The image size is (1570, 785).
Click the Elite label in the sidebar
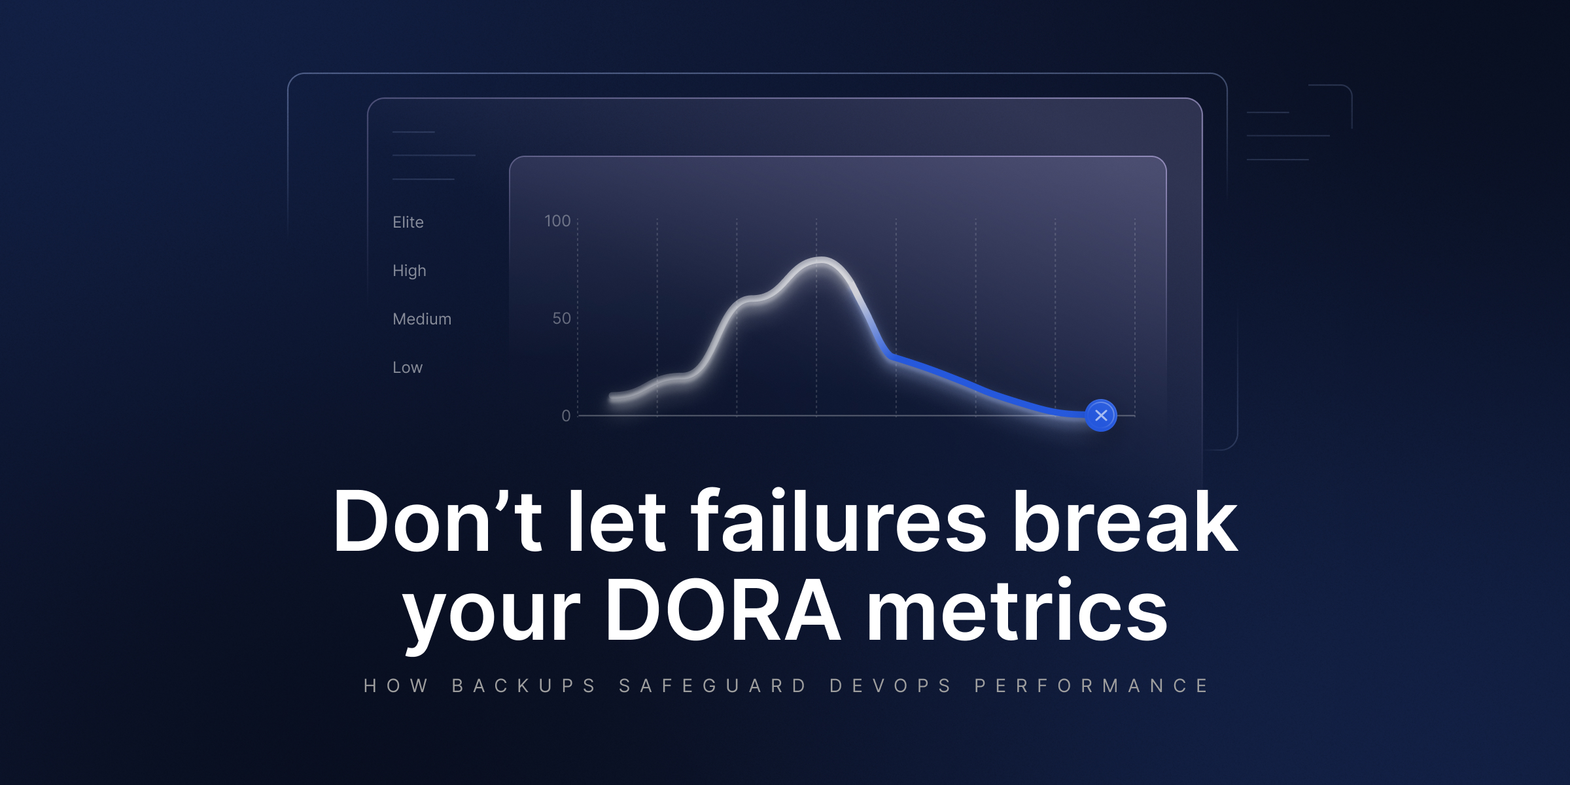click(408, 222)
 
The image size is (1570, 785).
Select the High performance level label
click(410, 271)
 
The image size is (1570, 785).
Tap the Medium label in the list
click(422, 319)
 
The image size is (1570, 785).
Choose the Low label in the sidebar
click(408, 368)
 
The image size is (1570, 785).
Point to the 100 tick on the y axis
click(557, 221)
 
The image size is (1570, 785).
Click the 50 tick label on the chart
click(561, 319)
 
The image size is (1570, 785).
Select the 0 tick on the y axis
click(566, 415)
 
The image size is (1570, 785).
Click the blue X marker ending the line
click(1101, 415)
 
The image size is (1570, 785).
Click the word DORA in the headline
click(723, 610)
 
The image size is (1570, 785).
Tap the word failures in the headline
click(839, 521)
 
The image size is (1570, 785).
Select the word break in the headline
click(1125, 521)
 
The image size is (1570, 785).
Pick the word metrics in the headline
click(1017, 610)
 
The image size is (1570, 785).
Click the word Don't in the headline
click(437, 521)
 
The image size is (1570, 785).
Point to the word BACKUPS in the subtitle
click(524, 686)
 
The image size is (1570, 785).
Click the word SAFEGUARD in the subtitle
click(713, 686)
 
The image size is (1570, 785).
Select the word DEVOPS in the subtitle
click(890, 686)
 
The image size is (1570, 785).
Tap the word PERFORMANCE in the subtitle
click(1091, 686)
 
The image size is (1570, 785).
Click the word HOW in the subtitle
click(396, 686)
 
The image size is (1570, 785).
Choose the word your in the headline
click(491, 618)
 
